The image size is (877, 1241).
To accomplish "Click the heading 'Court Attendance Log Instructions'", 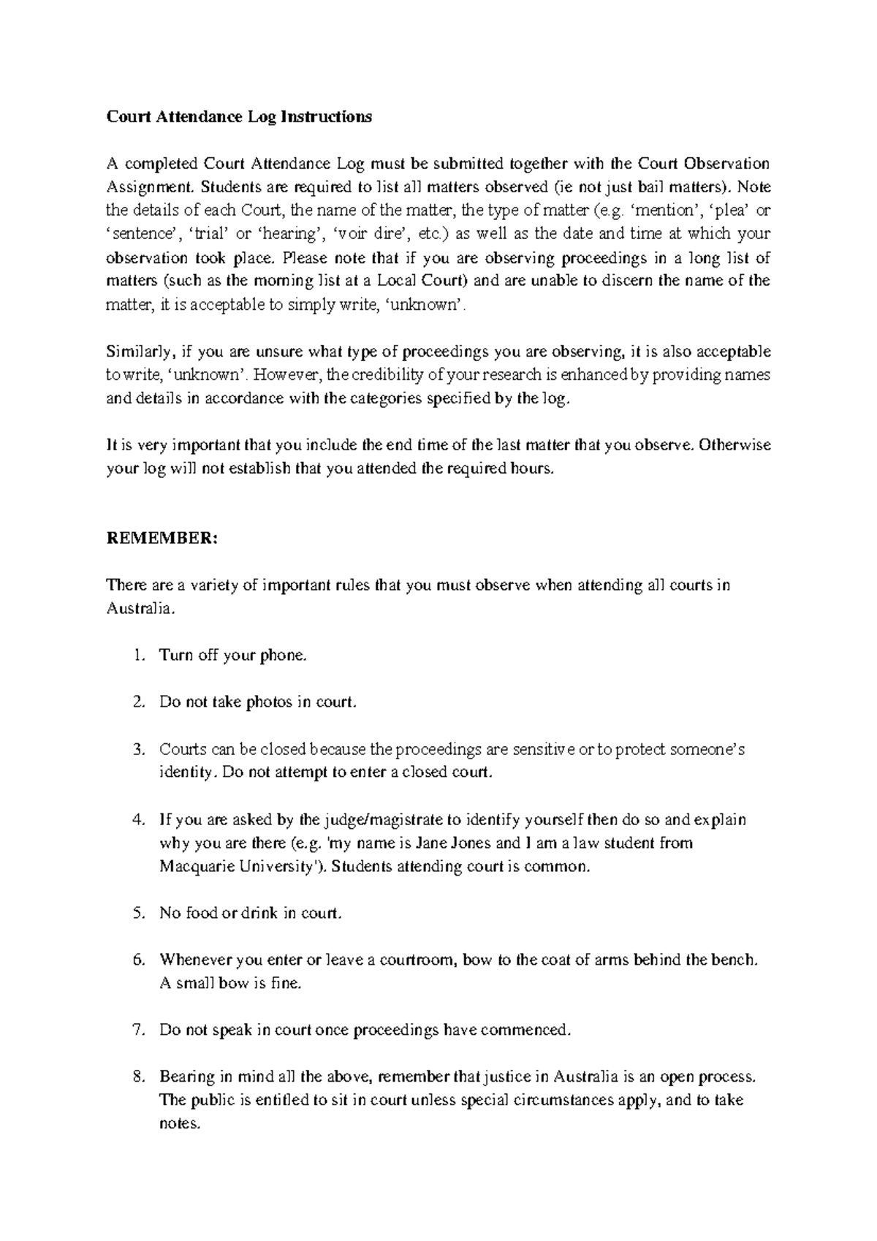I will (239, 116).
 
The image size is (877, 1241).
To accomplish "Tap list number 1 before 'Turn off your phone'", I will (140, 656).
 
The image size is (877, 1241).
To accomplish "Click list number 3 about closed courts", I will (140, 749).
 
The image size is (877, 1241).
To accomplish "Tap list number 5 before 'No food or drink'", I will (140, 913).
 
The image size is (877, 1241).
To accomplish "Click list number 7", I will (140, 1030).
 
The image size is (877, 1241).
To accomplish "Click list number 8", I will (140, 1077).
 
